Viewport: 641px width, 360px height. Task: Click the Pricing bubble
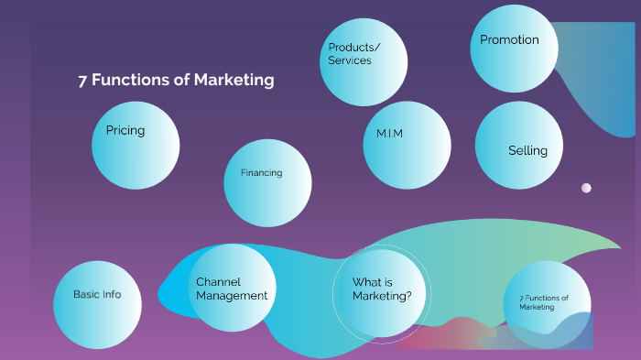136,145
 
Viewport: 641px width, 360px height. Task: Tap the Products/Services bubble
364,61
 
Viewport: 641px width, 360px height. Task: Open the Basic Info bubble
97,305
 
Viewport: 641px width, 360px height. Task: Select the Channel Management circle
233,288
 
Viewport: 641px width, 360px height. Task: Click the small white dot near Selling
586,188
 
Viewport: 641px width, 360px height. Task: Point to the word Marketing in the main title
234,80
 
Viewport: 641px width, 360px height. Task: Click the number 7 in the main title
82,80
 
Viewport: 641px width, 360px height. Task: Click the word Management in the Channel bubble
232,296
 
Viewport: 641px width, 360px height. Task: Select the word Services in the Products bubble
350,60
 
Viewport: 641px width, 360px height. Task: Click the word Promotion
509,40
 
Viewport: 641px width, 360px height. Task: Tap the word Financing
261,172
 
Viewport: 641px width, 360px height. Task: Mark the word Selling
527,151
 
